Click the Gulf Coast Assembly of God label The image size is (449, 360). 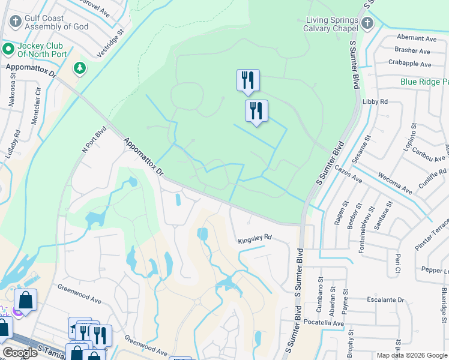point(56,23)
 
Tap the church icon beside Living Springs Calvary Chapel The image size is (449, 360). point(367,23)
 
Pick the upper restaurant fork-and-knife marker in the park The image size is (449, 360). point(248,80)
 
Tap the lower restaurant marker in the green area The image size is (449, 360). point(256,110)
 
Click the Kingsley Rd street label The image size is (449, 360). point(255,238)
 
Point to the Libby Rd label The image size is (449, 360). point(375,102)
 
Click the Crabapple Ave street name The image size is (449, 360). point(409,64)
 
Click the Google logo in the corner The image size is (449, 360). point(20,353)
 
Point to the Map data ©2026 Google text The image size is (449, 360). point(411,355)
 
